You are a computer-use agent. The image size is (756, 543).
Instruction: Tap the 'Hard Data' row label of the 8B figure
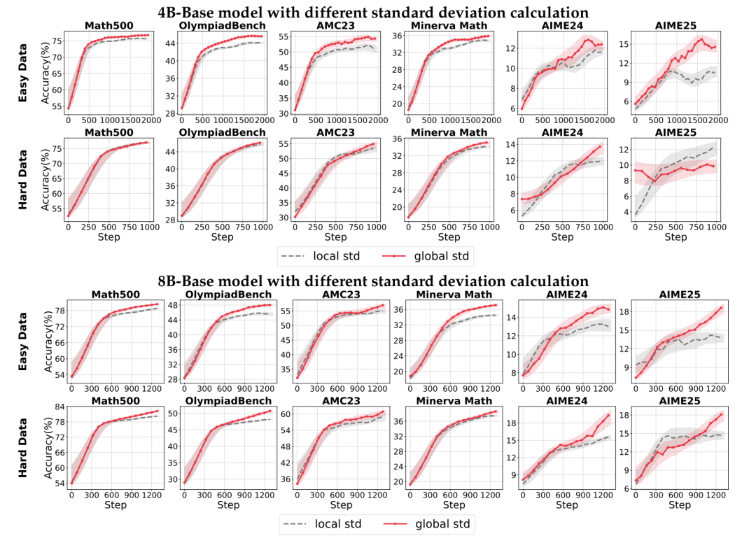click(22, 448)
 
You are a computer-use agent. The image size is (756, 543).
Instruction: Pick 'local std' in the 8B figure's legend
click(330, 523)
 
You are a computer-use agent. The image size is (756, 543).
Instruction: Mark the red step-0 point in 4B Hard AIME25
click(635, 170)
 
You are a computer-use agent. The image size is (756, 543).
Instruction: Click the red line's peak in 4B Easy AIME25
click(701, 39)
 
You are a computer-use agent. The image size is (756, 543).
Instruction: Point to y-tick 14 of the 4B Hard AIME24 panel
click(511, 144)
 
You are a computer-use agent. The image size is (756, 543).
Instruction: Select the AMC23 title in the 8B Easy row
click(335, 295)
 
